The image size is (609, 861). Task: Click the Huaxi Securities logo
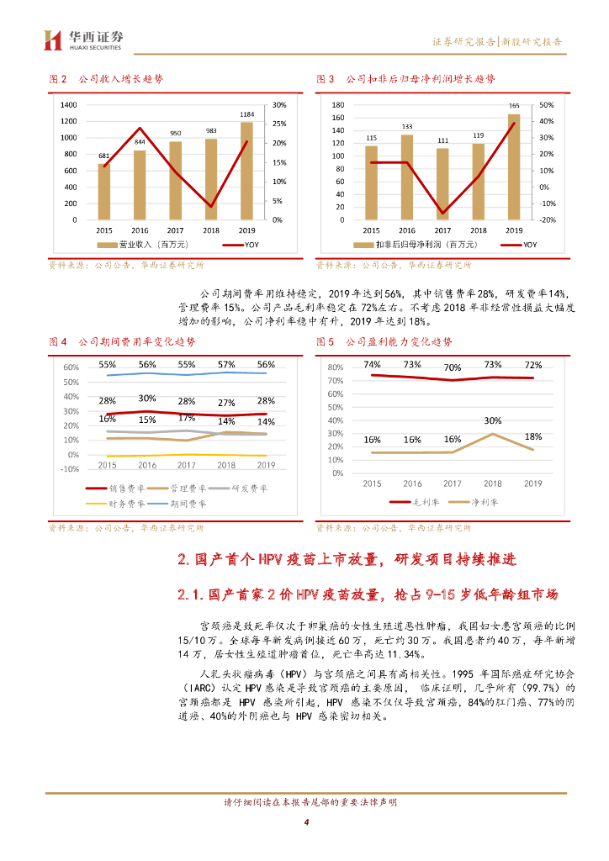[x=84, y=39]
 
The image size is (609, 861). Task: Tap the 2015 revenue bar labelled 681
[x=103, y=192]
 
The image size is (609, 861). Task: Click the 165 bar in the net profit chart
[x=514, y=166]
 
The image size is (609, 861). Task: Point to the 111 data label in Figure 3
[x=442, y=140]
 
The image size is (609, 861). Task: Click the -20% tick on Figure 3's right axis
[x=546, y=219]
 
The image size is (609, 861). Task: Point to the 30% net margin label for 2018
[x=493, y=420]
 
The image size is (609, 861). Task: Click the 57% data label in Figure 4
[x=226, y=365]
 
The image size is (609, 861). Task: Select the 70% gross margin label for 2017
[x=453, y=367]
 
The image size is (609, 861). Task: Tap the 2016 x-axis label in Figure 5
[x=412, y=483]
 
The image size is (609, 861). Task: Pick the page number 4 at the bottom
[x=306, y=822]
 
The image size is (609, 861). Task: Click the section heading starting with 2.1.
[x=368, y=594]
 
